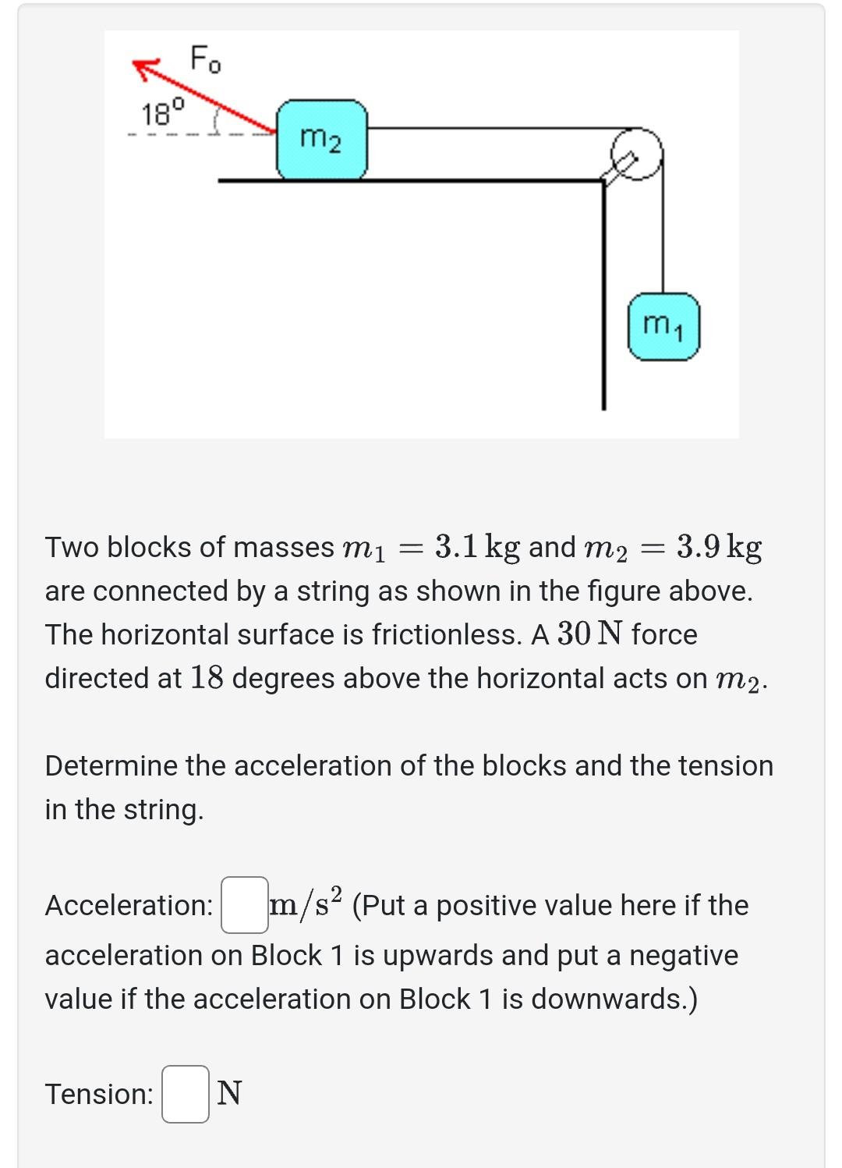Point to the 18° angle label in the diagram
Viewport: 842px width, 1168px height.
point(163,114)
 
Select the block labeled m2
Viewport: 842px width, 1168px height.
point(321,140)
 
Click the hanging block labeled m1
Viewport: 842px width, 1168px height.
point(663,326)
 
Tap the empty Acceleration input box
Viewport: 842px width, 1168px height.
point(244,905)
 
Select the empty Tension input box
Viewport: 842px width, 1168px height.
point(186,1094)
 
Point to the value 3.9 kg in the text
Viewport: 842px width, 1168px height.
point(719,547)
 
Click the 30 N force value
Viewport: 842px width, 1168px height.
point(589,634)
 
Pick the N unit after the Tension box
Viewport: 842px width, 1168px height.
point(229,1094)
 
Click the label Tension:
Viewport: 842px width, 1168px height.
point(99,1094)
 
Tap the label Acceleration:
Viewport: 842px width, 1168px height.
point(129,905)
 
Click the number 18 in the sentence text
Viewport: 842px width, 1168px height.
point(207,678)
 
